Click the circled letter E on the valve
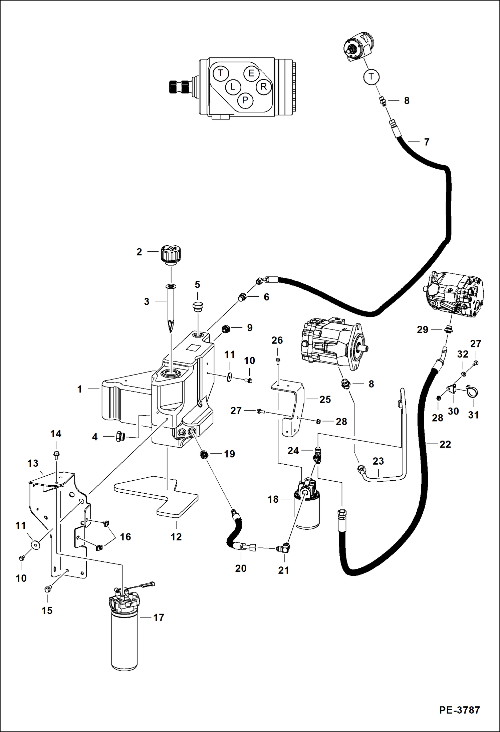(251, 73)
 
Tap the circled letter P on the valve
(245, 100)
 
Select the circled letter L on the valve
(233, 87)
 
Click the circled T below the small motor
(371, 77)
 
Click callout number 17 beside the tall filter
(159, 618)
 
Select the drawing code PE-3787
(460, 710)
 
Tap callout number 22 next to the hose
(445, 444)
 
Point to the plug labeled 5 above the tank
(198, 306)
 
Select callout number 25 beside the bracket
(325, 399)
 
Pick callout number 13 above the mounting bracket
(33, 463)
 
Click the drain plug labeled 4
(119, 436)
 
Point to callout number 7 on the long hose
(426, 142)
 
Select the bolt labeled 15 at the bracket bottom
(47, 589)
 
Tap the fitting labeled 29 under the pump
(449, 329)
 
